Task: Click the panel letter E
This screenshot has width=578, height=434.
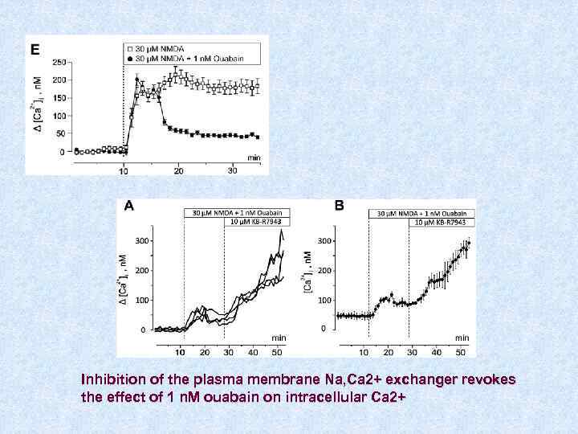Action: pos(35,49)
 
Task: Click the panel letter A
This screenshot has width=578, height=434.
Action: pos(128,207)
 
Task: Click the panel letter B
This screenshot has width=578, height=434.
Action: pos(339,207)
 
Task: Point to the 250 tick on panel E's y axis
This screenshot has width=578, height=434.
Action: pos(59,62)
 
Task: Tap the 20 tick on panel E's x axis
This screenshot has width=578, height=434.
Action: pos(178,170)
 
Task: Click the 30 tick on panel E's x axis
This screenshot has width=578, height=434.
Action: pos(232,170)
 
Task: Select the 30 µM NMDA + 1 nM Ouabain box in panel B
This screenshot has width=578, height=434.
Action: pos(422,213)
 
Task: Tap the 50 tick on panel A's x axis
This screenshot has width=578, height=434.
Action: pos(278,352)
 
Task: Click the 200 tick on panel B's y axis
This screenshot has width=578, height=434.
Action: pos(325,270)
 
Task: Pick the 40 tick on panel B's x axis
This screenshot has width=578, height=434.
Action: pos(436,352)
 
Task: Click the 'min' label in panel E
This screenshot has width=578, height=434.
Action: pos(253,157)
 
